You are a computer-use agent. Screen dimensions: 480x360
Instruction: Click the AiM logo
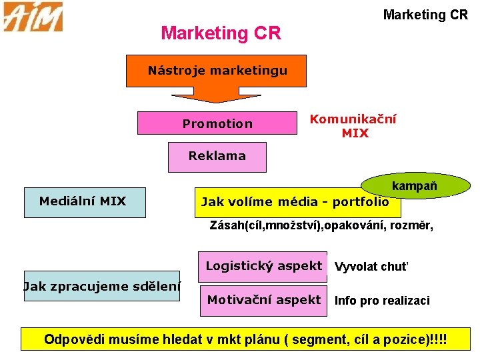(33, 17)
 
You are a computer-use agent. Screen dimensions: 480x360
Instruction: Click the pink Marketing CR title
(221, 33)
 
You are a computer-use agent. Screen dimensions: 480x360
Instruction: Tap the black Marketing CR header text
(425, 14)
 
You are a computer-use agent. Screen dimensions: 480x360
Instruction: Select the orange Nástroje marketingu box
(217, 71)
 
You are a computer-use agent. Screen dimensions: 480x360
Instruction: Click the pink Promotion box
(217, 123)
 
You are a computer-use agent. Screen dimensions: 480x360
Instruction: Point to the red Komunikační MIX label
(353, 126)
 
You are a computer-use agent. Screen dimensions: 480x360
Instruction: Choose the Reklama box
(217, 157)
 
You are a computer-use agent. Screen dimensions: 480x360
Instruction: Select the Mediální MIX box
(84, 201)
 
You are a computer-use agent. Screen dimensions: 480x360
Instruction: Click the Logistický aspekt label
(263, 266)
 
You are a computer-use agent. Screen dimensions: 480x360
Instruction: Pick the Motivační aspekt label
(263, 300)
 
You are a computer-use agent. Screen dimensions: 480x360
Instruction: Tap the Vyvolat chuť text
(371, 267)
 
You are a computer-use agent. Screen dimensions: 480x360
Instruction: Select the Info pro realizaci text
(381, 301)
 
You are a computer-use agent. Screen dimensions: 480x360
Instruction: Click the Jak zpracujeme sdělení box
(102, 287)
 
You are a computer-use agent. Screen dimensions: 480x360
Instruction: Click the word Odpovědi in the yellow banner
(73, 339)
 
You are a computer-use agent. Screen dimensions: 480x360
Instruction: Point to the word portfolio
(360, 202)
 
